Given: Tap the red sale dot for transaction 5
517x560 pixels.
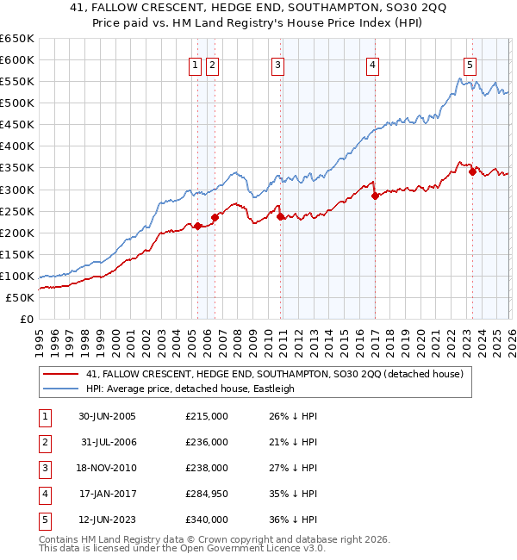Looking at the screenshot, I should (472, 171).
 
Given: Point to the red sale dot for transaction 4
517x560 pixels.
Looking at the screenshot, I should (375, 196).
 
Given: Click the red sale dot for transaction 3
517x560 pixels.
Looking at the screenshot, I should (281, 216).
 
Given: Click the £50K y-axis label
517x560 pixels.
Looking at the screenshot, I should (20, 297).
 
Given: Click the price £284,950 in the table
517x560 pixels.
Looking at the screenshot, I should (207, 494).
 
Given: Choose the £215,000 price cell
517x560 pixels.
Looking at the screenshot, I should (207, 416).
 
